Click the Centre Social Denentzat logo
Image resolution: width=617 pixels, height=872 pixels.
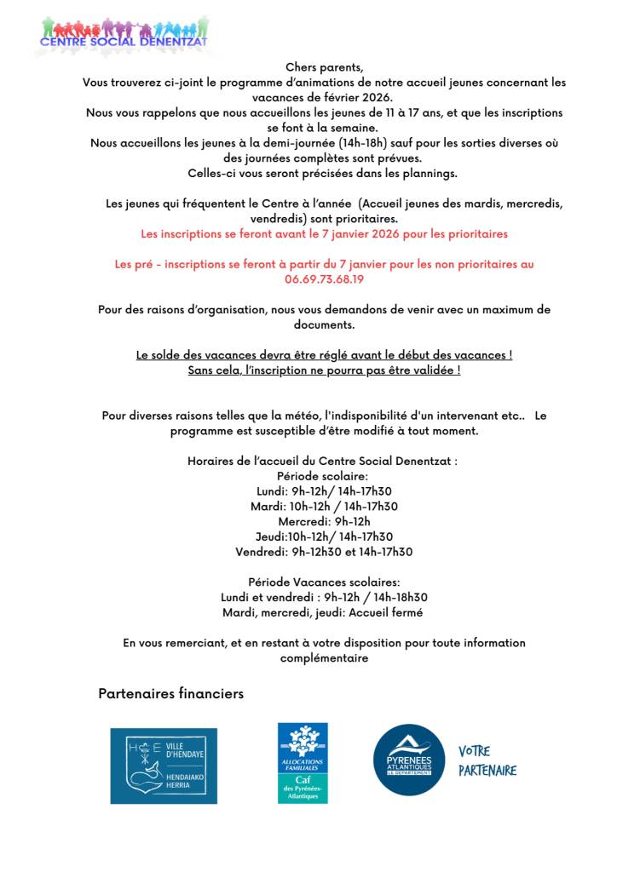pyautogui.click(x=124, y=34)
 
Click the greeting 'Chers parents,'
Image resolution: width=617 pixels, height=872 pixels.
pyautogui.click(x=324, y=67)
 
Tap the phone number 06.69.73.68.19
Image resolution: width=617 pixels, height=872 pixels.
pyautogui.click(x=324, y=278)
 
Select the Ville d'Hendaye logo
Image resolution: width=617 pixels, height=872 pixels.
pyautogui.click(x=164, y=766)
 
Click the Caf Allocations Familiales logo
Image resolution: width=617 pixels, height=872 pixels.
pyautogui.click(x=303, y=763)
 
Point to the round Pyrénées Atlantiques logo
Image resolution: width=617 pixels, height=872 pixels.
pyautogui.click(x=409, y=760)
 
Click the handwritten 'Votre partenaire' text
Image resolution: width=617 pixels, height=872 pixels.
pyautogui.click(x=487, y=760)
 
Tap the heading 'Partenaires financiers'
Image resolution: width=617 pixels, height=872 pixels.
pyautogui.click(x=170, y=693)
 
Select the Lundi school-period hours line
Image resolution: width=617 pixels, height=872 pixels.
pyautogui.click(x=324, y=491)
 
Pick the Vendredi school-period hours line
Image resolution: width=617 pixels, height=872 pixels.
pyautogui.click(x=324, y=552)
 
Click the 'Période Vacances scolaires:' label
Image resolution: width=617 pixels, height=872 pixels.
pyautogui.click(x=324, y=582)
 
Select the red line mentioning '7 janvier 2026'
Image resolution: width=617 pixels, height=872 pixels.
pyautogui.click(x=324, y=233)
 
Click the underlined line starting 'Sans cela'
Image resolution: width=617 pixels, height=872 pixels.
pyautogui.click(x=324, y=370)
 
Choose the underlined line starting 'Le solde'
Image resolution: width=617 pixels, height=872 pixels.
pyautogui.click(x=324, y=355)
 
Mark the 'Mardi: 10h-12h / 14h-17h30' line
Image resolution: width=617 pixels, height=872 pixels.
pyautogui.click(x=324, y=507)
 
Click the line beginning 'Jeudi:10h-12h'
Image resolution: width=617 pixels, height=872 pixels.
pyautogui.click(x=324, y=536)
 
